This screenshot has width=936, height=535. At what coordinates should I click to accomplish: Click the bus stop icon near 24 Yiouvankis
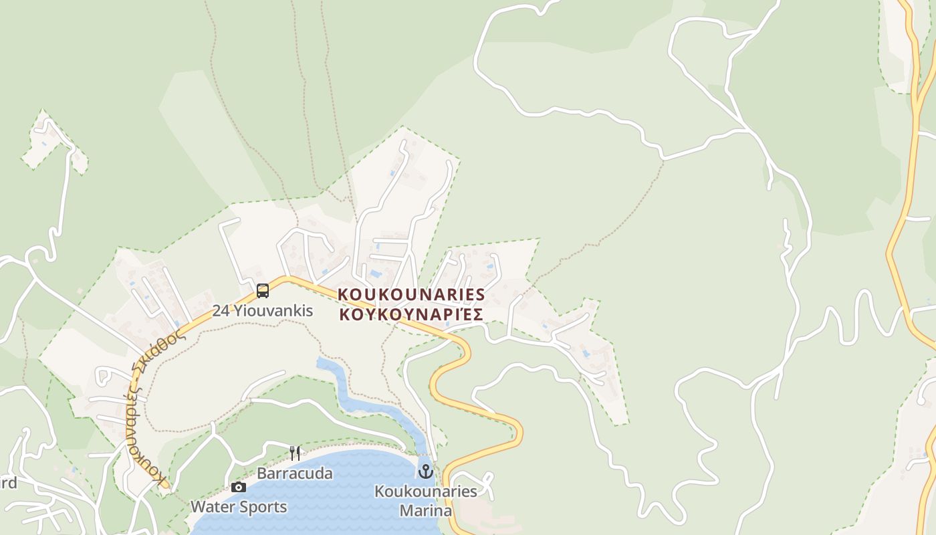[x=263, y=290]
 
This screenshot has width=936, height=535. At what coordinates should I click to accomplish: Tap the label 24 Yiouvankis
[x=263, y=311]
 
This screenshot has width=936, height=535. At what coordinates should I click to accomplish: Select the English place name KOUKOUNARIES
[x=411, y=295]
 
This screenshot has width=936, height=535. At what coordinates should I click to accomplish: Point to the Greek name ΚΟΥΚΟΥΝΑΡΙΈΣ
[x=411, y=314]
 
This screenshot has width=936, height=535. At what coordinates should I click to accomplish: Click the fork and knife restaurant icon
[x=294, y=453]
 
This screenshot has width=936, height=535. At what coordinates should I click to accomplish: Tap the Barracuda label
[x=295, y=473]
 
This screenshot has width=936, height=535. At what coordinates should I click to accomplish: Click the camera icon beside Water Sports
[x=238, y=487]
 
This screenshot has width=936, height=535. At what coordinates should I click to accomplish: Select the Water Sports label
[x=239, y=507]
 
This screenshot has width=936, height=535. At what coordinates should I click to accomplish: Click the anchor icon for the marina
[x=426, y=472]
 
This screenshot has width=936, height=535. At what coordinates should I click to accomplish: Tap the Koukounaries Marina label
[x=426, y=501]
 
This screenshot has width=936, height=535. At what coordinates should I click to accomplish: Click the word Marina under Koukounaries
[x=426, y=511]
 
